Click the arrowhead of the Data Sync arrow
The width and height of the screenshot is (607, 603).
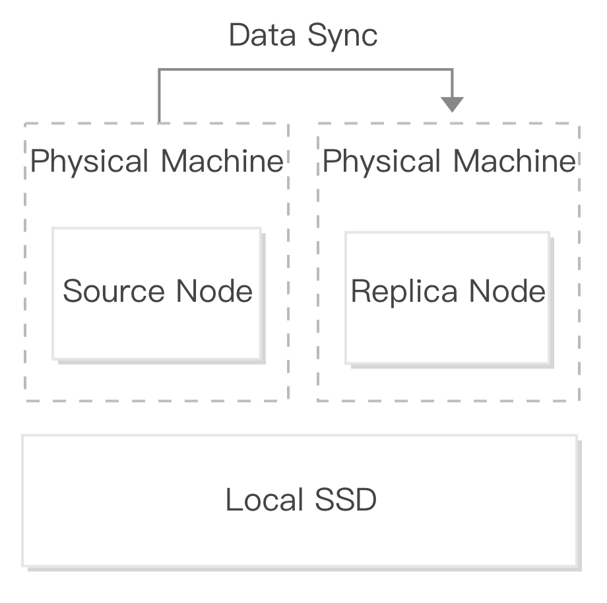[x=452, y=104]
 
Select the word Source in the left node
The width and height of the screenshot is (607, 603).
[x=113, y=291]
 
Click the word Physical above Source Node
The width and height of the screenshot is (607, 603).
[x=90, y=162]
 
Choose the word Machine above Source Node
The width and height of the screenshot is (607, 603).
[x=222, y=161]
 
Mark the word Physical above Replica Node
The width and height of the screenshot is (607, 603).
[x=383, y=162]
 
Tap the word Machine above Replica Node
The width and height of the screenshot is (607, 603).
[x=515, y=161]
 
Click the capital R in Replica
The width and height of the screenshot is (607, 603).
[x=360, y=291]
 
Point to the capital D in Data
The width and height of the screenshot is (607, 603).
[x=238, y=35]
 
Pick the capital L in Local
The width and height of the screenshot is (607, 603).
[x=232, y=500]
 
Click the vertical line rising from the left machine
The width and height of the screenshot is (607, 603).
[x=159, y=96]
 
